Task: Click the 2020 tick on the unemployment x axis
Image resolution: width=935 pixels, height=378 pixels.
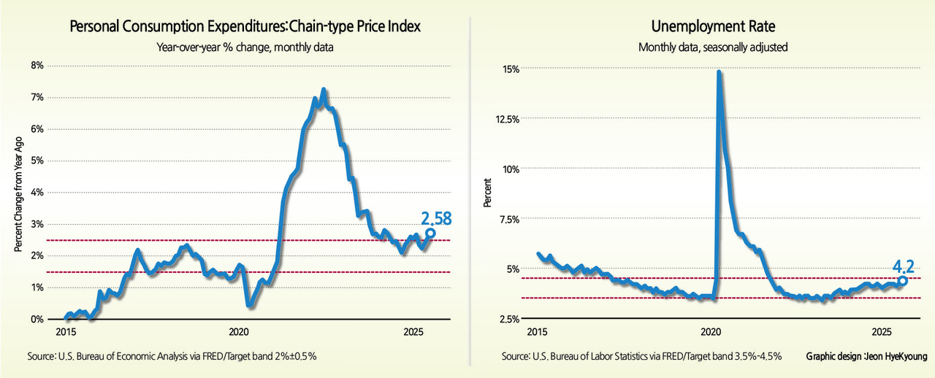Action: [x=711, y=333]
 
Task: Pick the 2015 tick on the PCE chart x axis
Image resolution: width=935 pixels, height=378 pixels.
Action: [x=66, y=333]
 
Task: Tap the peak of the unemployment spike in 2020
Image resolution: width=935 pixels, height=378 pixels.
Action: [x=720, y=72]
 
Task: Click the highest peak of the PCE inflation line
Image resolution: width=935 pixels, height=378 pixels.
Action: [x=323, y=90]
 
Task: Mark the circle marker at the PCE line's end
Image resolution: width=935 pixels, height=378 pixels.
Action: [x=430, y=233]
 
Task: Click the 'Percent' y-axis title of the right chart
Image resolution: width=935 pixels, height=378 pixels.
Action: [x=487, y=193]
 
